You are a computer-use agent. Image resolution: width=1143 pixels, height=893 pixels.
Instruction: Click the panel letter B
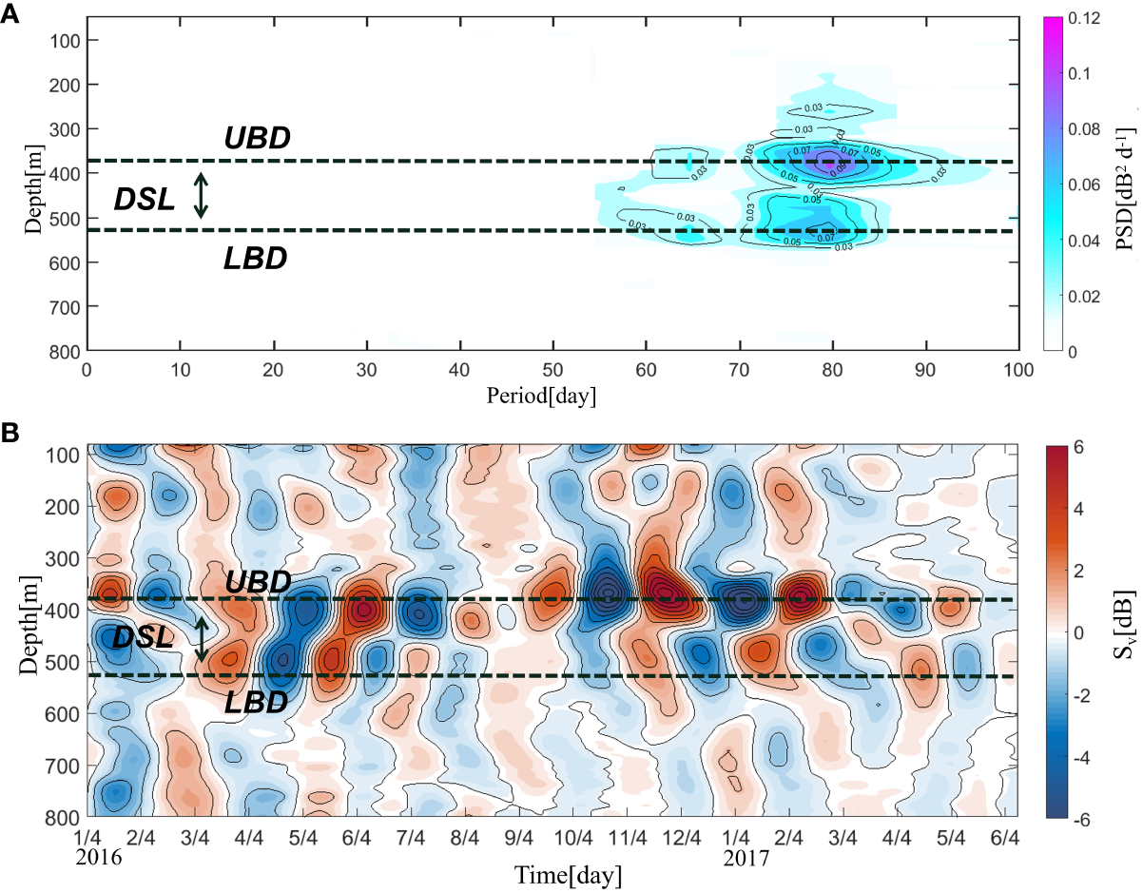coord(10,434)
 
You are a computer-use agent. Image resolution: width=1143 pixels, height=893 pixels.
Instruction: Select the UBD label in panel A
coord(257,139)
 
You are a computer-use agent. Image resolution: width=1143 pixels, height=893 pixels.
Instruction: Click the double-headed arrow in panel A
coord(200,194)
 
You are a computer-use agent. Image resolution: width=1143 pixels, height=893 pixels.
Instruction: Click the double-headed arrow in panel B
coord(202,638)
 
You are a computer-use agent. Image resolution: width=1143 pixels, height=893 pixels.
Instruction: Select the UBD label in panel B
coord(257,582)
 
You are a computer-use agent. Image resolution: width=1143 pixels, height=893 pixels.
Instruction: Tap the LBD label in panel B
coord(255,702)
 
